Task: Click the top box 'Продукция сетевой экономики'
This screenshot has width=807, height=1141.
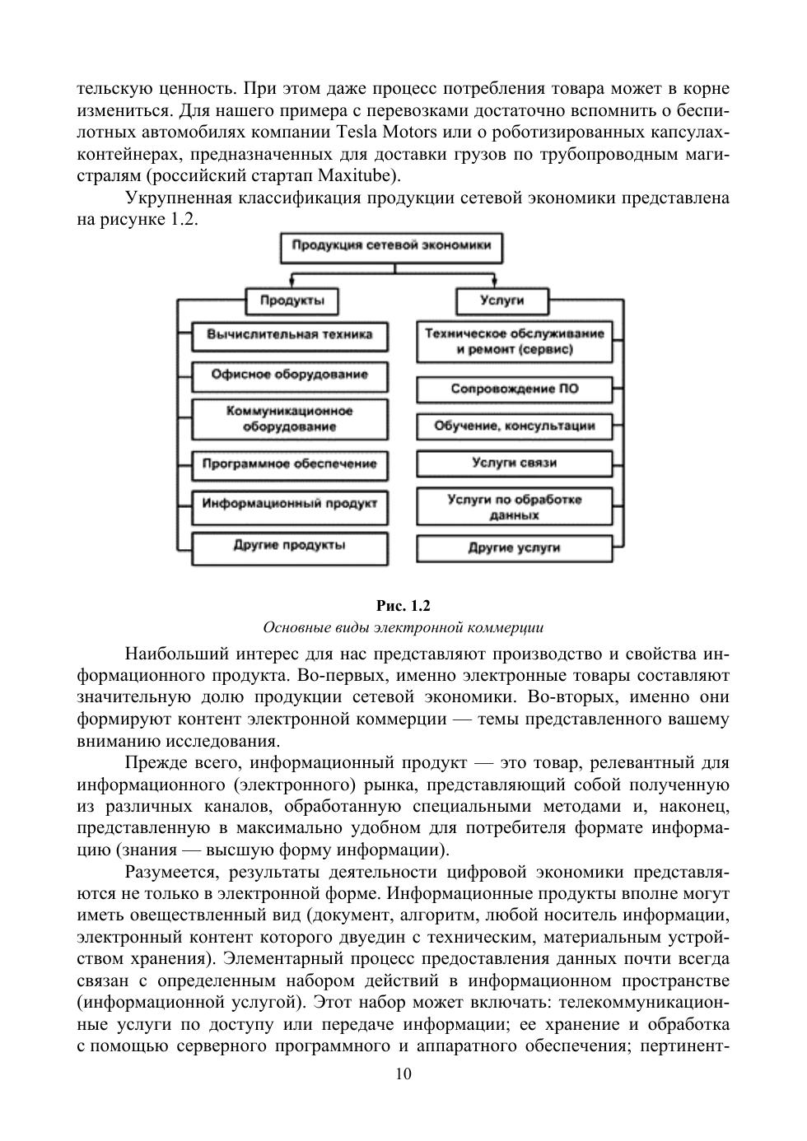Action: coord(391,245)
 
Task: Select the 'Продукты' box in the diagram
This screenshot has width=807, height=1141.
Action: coord(292,300)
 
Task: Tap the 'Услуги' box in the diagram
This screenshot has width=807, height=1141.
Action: coord(501,300)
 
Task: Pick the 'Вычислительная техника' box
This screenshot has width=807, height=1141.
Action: coord(290,335)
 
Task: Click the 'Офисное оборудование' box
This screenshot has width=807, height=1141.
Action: coord(290,375)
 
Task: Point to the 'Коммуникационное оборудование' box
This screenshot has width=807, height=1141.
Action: coord(290,419)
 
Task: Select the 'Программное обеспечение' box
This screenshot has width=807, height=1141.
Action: coord(290,464)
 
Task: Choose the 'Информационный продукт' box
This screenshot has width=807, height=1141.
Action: coord(290,503)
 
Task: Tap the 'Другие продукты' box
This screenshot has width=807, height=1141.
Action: coord(290,546)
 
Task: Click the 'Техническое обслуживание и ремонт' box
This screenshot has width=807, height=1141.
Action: coord(515,342)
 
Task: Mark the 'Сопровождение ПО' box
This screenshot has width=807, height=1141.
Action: coord(515,389)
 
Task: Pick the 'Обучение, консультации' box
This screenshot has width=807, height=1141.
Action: coord(515,426)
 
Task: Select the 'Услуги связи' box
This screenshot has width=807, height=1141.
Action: coord(515,463)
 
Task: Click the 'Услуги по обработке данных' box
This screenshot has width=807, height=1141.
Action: coord(515,507)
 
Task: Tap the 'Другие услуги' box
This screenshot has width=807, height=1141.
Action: coord(515,547)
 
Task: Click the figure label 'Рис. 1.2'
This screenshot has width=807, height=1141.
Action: coord(403,606)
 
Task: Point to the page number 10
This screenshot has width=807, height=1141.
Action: coord(403,1073)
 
